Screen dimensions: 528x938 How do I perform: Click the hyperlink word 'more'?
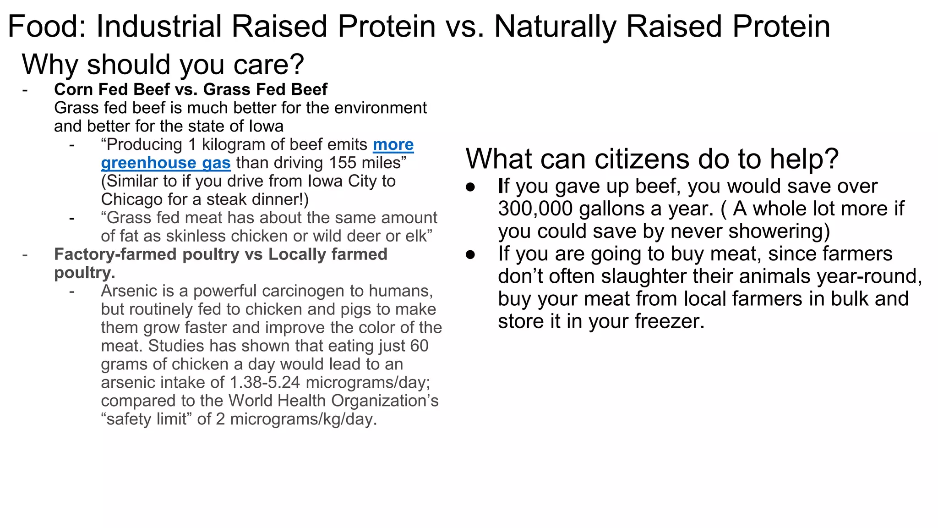393,145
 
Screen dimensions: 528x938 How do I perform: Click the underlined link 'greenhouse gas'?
165,163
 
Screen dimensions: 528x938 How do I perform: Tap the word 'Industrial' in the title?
159,26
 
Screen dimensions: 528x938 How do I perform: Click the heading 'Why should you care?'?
163,64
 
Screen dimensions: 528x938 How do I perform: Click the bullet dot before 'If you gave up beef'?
470,187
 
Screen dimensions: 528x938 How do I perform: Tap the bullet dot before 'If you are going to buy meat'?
470,254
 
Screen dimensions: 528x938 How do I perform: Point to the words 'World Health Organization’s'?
333,401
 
